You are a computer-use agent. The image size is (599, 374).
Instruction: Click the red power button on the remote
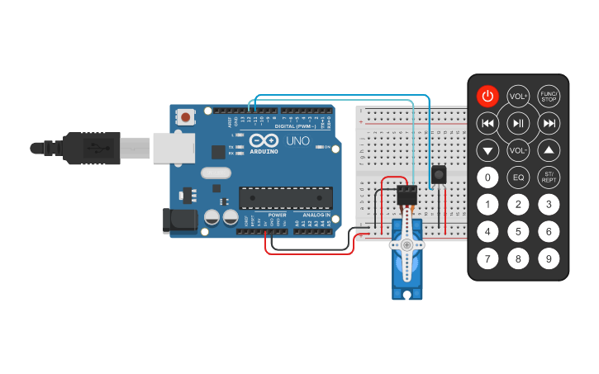[x=488, y=96]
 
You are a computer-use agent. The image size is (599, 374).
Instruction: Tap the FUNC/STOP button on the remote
[x=549, y=96]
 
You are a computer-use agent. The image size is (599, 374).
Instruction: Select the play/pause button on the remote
[x=518, y=124]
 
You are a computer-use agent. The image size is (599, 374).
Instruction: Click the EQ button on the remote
[x=518, y=178]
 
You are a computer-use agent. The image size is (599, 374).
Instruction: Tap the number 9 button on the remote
[x=549, y=258]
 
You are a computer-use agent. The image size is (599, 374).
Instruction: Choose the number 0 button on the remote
[x=488, y=178]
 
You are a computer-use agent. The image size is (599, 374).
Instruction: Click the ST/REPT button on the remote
[x=549, y=178]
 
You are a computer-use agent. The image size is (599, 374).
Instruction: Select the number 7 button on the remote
[x=488, y=258]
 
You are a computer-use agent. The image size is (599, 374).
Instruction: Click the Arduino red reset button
[x=187, y=117]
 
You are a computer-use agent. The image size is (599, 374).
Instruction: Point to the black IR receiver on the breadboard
[x=439, y=175]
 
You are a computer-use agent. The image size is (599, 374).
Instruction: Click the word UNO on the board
[x=297, y=141]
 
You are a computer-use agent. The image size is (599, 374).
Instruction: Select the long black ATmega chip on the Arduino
[x=286, y=198]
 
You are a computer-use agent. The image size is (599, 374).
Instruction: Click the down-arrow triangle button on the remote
[x=488, y=151]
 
